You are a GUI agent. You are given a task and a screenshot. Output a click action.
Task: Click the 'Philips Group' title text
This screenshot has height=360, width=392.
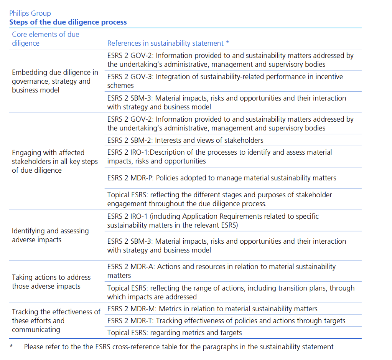click(30, 13)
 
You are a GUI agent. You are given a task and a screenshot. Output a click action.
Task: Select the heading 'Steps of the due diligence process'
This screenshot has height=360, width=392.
click(68, 22)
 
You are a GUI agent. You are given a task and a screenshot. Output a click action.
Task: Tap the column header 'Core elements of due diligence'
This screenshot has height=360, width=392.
click(45, 39)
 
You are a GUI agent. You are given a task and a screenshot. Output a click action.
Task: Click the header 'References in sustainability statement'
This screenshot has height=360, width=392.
click(165, 43)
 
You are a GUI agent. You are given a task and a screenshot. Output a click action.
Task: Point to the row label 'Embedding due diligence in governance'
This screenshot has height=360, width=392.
click(55, 81)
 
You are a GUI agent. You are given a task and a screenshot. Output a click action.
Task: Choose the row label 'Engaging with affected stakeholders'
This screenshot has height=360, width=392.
click(55, 161)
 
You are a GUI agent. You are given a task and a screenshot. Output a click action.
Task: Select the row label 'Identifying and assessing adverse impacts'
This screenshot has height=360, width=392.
click(50, 235)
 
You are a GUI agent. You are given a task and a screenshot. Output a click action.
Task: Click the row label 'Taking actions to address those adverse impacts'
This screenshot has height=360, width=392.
click(51, 282)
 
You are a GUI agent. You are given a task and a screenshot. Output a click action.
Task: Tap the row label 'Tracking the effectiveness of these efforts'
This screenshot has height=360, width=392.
click(56, 320)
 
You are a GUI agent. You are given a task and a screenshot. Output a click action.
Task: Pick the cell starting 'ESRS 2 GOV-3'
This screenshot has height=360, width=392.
click(225, 81)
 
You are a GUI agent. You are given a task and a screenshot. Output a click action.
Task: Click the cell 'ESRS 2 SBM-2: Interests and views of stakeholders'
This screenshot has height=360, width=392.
click(185, 140)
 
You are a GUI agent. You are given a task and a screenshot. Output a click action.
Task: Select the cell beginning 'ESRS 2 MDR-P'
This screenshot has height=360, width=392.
click(222, 178)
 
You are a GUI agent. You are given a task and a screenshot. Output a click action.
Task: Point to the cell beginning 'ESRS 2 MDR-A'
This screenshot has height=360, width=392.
click(221, 271)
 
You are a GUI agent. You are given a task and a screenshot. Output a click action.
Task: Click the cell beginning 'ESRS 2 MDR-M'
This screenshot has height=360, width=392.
click(212, 309)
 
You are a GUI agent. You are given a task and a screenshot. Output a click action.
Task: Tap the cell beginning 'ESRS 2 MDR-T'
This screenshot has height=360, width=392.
click(226, 320)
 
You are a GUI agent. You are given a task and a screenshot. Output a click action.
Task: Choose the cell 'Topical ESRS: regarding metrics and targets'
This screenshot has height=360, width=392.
click(175, 332)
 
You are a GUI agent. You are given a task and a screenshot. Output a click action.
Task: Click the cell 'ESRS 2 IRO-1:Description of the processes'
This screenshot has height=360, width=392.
click(219, 157)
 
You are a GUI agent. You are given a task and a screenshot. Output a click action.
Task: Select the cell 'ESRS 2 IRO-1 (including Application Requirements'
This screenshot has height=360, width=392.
click(213, 221)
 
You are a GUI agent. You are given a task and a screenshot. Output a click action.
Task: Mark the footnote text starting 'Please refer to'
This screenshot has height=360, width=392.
click(178, 347)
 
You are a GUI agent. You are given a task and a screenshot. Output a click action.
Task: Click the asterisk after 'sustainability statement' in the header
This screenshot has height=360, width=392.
click(228, 43)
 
